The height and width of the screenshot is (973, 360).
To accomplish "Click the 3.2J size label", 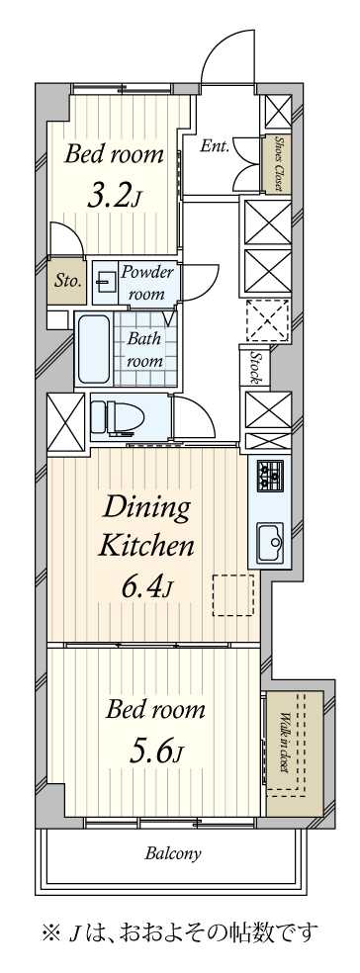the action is pos(115,198).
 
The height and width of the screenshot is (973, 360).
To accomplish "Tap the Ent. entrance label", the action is pos(216,146).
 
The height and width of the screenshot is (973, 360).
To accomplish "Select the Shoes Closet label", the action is pos(278,163).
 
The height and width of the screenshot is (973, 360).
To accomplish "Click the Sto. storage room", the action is pos(67,281).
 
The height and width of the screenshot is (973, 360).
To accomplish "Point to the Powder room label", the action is pos(146,282).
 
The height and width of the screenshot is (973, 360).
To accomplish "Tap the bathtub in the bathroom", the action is pos(93,349).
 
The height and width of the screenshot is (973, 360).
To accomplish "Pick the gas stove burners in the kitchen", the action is pos(270,474).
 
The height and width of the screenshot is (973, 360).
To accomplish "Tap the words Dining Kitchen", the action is pos(148,527).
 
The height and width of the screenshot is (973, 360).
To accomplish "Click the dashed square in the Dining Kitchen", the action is pos(233,595).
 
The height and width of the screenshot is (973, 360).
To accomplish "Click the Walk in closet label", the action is pos(284,742).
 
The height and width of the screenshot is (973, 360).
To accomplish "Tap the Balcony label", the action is pos(173,854).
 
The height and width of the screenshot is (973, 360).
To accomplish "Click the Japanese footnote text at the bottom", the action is pos(180,931).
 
